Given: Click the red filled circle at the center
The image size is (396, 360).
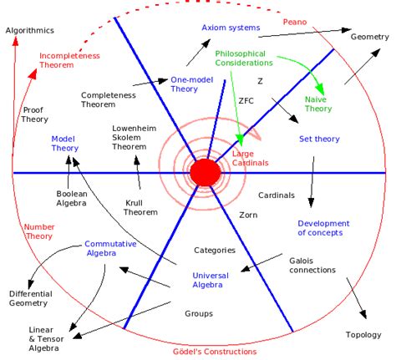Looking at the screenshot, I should click(205, 171).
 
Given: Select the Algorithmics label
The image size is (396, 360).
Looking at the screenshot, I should click(29, 30).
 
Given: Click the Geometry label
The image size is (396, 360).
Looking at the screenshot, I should click(371, 37).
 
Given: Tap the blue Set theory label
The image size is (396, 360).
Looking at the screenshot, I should click(304, 139).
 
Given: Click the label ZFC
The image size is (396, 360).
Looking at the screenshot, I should click(246, 101).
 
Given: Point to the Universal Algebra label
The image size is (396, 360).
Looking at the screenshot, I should click(210, 279).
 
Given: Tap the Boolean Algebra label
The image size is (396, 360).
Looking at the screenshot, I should click(61, 199).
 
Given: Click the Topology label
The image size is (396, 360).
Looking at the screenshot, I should click(363, 335).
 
